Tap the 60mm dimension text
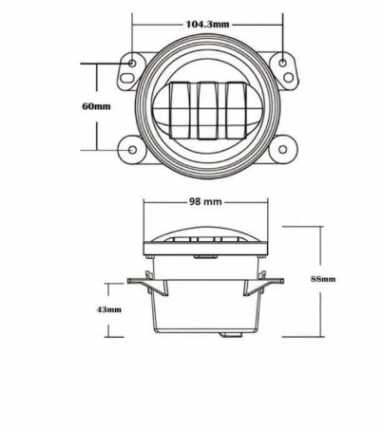click(x=98, y=106)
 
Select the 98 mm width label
click(x=206, y=202)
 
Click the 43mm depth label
click(x=109, y=310)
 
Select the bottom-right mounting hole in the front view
click(x=284, y=149)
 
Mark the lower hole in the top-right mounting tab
click(x=282, y=71)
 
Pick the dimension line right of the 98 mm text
click(x=249, y=202)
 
